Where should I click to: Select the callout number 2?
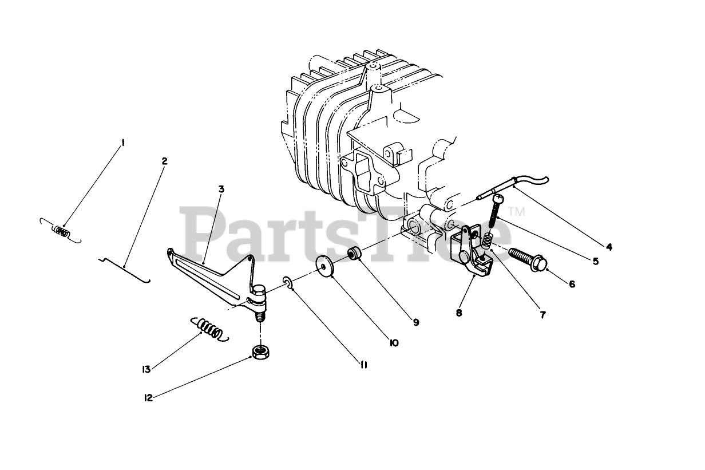165,161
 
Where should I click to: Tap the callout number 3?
221,189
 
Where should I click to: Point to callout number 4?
609,247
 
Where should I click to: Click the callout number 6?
572,283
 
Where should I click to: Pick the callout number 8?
459,314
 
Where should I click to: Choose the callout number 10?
393,343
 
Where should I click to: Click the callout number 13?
146,369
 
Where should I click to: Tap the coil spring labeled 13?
209,330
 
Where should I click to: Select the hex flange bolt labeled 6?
528,259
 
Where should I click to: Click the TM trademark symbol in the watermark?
517,212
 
